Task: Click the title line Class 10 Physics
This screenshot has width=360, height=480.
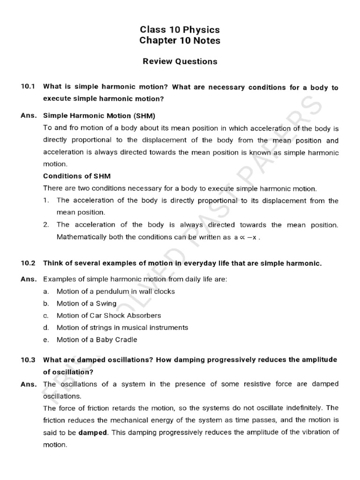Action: coord(180,30)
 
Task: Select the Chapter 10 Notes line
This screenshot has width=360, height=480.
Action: coord(180,41)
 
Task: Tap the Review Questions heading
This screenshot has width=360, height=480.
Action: coord(180,61)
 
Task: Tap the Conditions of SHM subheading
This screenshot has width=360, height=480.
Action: coord(77,176)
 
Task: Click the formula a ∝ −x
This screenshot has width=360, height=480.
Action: coord(247,237)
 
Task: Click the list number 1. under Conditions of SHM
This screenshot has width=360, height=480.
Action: coord(46,201)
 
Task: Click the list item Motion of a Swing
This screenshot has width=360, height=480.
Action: coord(86,303)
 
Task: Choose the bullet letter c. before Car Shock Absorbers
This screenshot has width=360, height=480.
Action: coord(45,315)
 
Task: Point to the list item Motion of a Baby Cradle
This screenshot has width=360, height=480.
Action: coord(97,340)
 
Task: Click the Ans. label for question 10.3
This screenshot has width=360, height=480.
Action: coord(29,384)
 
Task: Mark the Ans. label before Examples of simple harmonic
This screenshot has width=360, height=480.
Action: coord(29,279)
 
